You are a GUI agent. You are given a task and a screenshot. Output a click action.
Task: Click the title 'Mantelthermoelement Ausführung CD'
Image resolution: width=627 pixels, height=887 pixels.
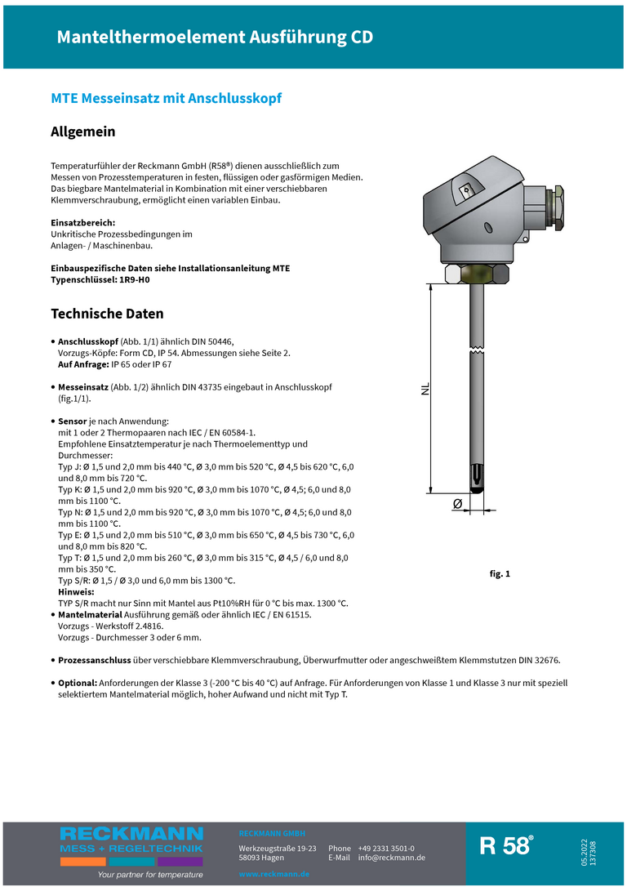(x=215, y=37)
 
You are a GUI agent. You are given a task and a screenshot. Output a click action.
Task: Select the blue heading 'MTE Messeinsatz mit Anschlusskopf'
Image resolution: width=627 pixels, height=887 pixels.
(x=166, y=98)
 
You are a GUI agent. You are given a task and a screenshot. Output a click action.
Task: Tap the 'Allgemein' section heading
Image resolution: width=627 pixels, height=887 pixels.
(x=83, y=131)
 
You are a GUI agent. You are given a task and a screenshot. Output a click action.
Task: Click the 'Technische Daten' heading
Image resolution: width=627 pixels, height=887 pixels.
(x=107, y=314)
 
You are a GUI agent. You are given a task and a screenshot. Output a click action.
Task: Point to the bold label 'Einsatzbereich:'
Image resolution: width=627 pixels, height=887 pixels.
(x=83, y=222)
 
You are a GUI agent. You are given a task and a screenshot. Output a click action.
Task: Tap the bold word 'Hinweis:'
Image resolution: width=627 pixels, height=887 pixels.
(x=76, y=591)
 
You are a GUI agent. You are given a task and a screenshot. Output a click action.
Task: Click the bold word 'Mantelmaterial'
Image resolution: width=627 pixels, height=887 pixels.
(x=90, y=614)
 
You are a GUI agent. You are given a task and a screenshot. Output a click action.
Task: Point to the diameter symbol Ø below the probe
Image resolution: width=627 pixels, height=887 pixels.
(x=457, y=505)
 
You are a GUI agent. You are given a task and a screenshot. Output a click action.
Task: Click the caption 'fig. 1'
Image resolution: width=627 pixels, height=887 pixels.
(x=499, y=574)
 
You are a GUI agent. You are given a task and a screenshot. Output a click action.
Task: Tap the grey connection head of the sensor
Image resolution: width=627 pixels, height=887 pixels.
(x=474, y=216)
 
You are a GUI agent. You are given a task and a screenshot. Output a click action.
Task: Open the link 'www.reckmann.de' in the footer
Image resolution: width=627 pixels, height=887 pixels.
(x=273, y=874)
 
